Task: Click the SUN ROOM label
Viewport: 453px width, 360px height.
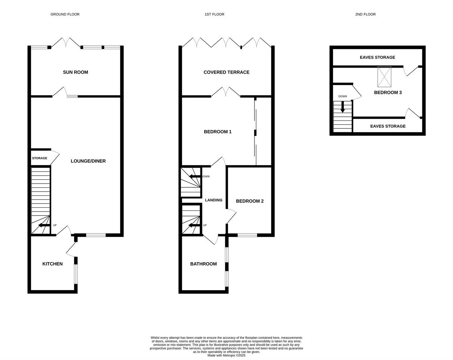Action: (x=75, y=72)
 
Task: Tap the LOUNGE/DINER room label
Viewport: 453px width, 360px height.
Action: (x=88, y=161)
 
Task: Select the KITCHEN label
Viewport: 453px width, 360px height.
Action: (x=52, y=264)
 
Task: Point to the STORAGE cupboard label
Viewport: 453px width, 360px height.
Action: (x=40, y=158)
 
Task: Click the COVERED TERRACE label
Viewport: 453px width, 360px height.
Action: (x=226, y=72)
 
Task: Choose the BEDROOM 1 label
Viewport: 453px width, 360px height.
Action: (x=218, y=132)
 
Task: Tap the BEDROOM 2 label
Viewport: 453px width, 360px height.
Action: (x=250, y=201)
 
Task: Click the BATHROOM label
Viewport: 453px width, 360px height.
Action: (x=203, y=264)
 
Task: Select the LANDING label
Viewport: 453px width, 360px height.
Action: (x=214, y=200)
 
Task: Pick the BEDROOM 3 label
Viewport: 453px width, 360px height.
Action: (x=388, y=93)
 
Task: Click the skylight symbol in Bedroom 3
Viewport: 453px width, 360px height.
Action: (x=384, y=77)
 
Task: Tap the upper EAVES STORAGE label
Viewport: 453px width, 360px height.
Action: (x=377, y=57)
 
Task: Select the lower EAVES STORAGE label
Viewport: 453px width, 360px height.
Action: (x=388, y=126)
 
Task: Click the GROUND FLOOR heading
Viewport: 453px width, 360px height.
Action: (x=65, y=14)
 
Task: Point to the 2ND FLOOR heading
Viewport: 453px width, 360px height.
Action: (x=365, y=14)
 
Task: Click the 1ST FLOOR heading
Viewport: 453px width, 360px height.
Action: (x=214, y=14)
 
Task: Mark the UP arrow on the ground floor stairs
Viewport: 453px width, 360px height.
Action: (x=44, y=225)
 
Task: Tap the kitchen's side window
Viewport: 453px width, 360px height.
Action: (x=76, y=274)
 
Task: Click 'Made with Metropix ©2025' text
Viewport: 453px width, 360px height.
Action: (x=226, y=355)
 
